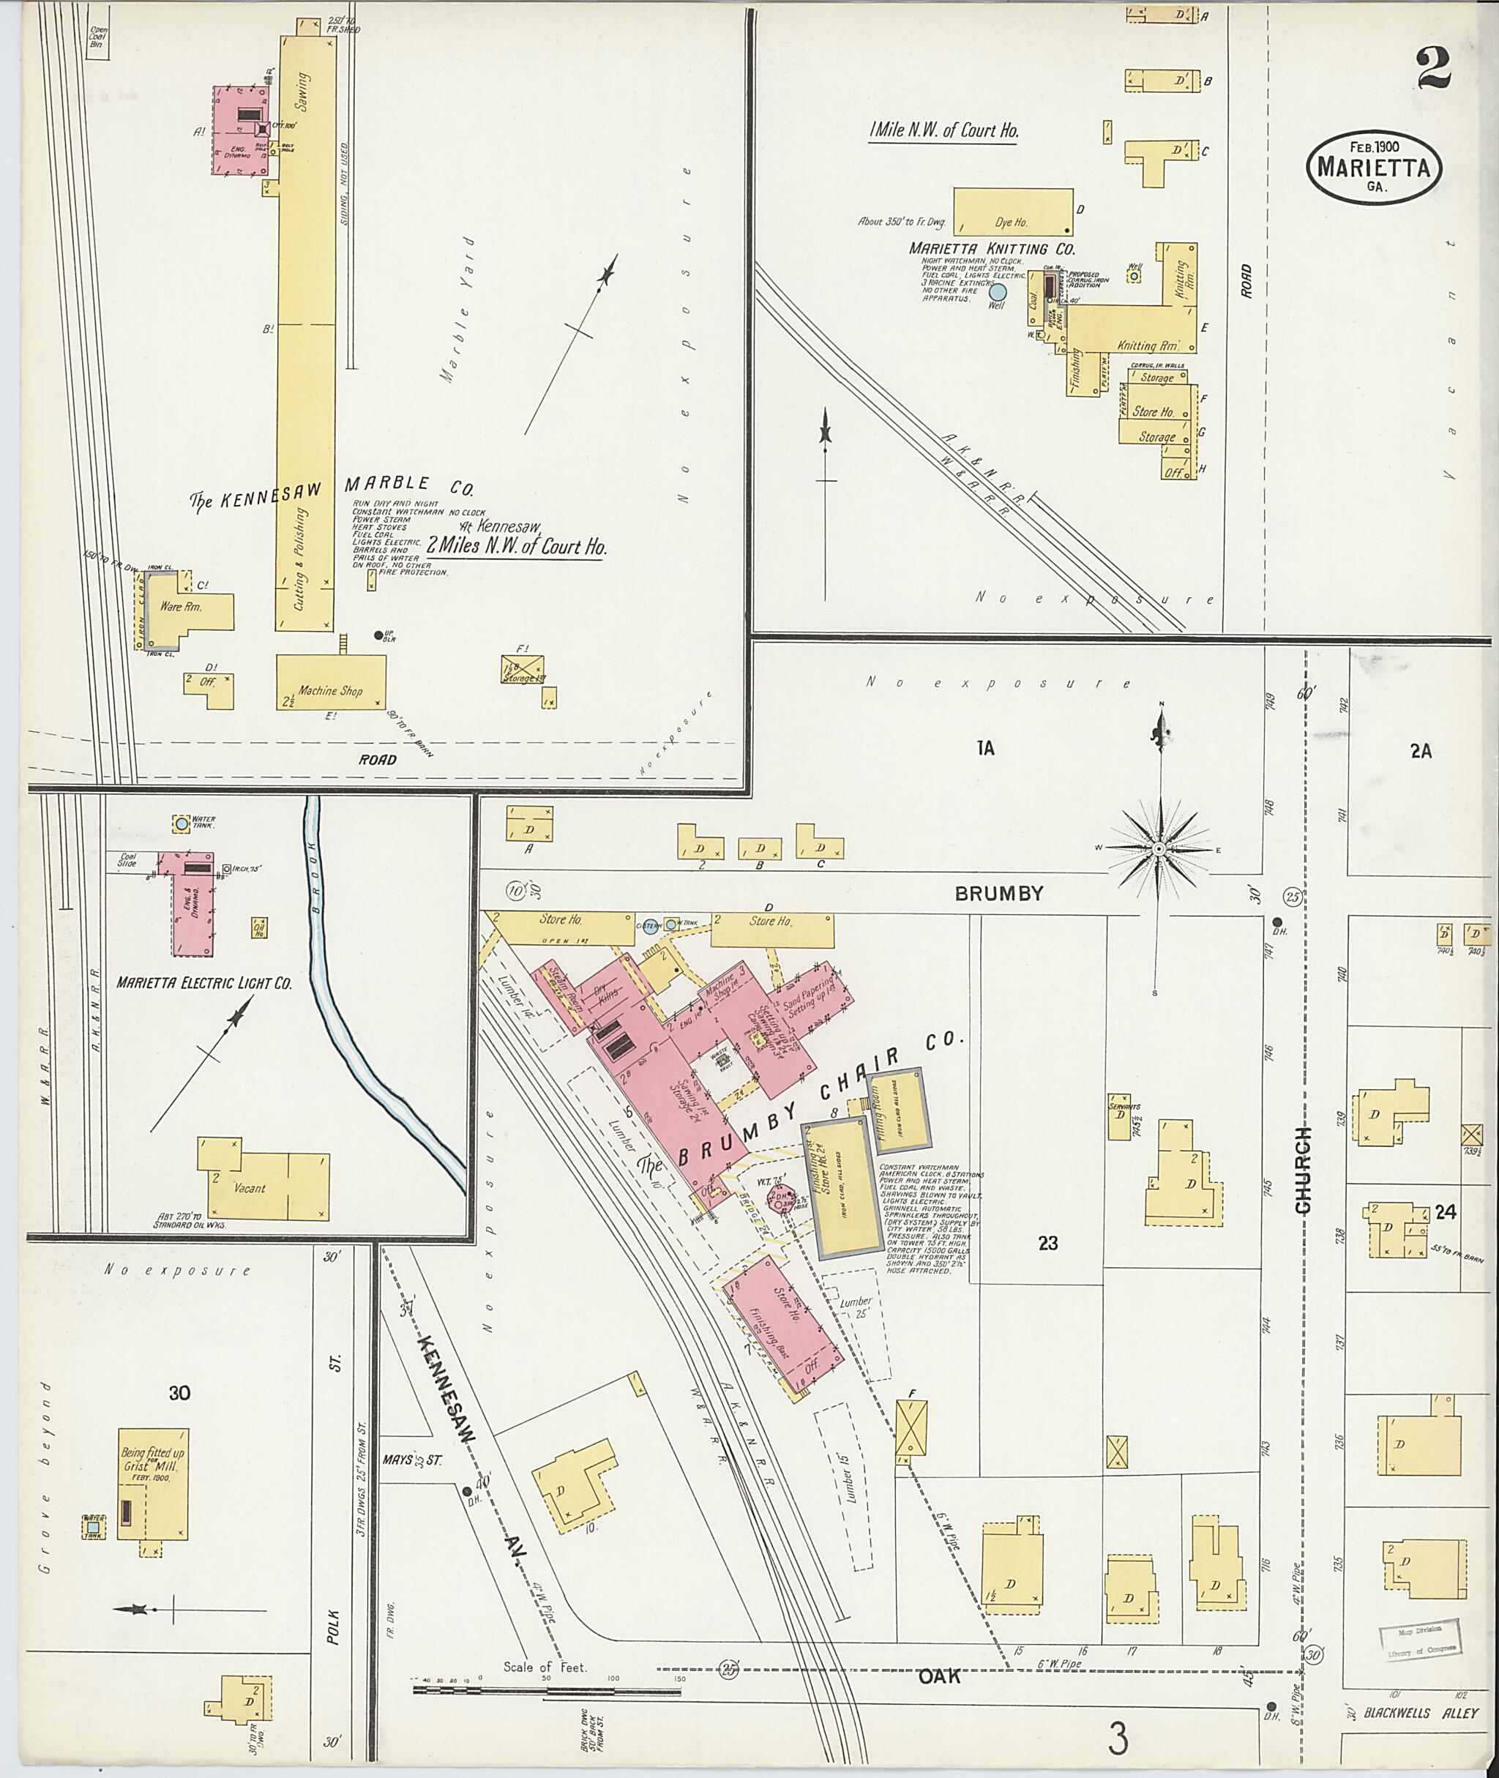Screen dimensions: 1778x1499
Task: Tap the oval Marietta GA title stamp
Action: [x=1373, y=167]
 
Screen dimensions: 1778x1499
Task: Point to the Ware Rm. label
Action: [x=180, y=607]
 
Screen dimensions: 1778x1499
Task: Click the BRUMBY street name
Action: [x=998, y=893]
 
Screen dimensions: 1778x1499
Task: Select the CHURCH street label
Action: [x=1304, y=1170]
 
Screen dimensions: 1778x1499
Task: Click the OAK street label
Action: [x=939, y=1677]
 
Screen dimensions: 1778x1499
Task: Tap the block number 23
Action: [x=1048, y=1244]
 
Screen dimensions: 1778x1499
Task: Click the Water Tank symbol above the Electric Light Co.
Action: [x=180, y=823]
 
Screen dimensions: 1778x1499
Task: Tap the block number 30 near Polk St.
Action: [x=179, y=1393]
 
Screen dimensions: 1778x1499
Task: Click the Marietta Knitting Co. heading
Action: [x=992, y=249]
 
